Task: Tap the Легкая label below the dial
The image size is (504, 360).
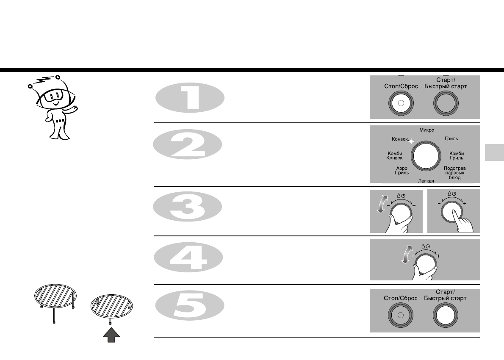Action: click(x=426, y=181)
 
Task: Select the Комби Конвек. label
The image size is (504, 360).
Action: click(x=395, y=155)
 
